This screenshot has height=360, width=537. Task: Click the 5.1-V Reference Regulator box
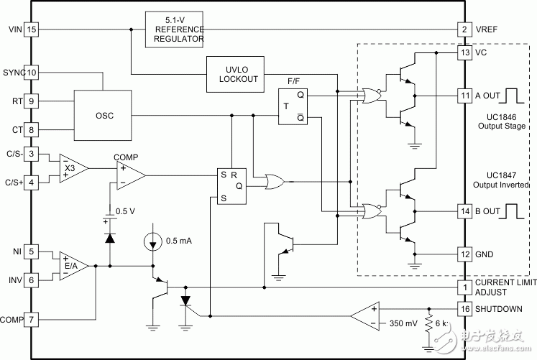(175, 29)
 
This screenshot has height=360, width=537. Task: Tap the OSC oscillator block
(104, 115)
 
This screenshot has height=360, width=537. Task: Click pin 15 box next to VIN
(31, 29)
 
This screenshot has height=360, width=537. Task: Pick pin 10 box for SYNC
(32, 73)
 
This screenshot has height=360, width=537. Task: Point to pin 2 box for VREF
(466, 29)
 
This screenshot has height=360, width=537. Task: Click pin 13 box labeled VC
(466, 52)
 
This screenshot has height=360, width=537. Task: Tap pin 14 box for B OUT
(466, 211)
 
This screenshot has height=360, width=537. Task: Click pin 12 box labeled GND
(466, 254)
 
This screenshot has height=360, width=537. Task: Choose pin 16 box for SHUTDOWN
(466, 308)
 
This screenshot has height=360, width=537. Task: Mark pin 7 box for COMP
(31, 318)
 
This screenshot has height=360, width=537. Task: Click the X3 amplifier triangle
(71, 168)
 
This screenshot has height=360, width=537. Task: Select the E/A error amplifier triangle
(73, 265)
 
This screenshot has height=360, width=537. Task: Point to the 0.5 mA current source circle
(153, 239)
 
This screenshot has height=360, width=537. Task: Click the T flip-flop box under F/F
(293, 107)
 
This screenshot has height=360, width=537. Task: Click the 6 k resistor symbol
(429, 323)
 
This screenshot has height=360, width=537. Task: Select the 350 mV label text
(403, 323)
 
